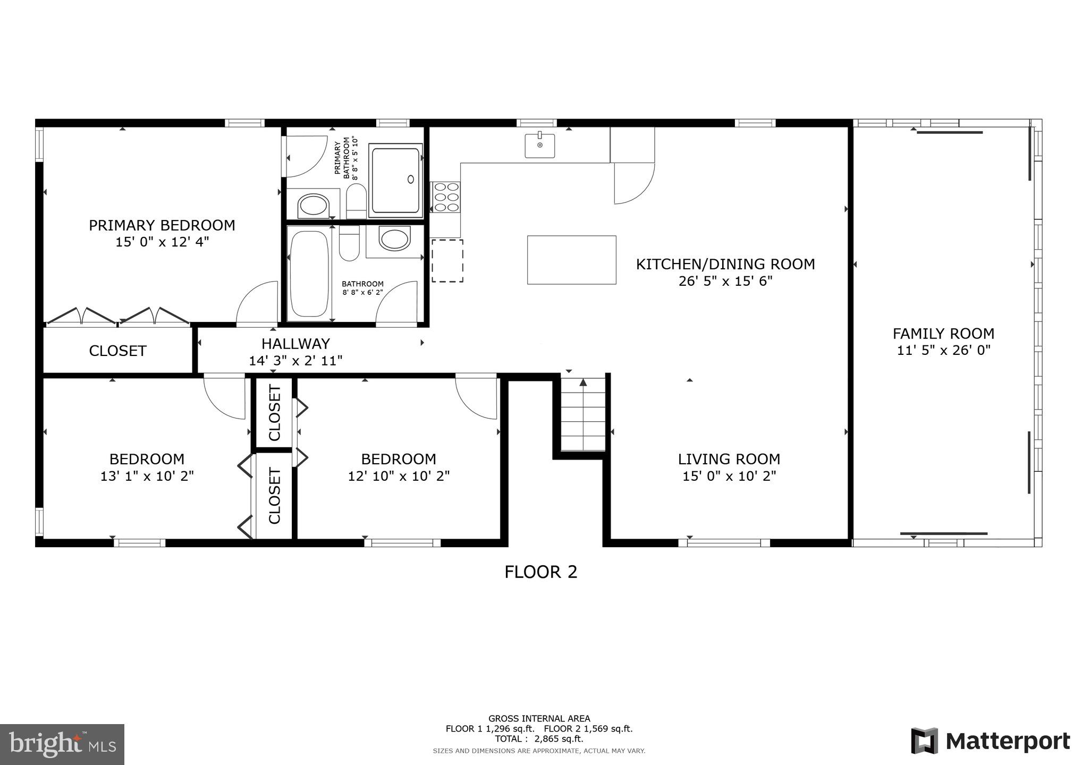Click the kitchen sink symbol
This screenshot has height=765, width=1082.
(x=540, y=146)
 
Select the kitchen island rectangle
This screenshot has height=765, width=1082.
(x=571, y=260)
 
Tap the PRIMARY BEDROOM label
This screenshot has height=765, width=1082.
(x=162, y=225)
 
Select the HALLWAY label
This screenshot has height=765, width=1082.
(x=295, y=344)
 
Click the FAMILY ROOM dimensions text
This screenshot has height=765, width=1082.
(x=944, y=350)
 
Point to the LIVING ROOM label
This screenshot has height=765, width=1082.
(x=729, y=459)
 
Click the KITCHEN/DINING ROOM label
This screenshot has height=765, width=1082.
(x=725, y=264)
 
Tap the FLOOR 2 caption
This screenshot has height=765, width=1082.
(x=540, y=572)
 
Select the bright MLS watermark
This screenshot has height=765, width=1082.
(x=62, y=745)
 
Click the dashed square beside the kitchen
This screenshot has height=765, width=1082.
(x=447, y=261)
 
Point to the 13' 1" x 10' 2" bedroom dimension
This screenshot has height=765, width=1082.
(x=147, y=476)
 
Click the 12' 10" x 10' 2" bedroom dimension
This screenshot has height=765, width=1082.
(x=399, y=476)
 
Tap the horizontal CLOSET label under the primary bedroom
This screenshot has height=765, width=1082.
(x=117, y=351)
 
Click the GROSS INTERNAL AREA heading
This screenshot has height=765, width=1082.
(x=539, y=719)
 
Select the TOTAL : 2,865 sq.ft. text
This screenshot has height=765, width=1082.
(x=539, y=739)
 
